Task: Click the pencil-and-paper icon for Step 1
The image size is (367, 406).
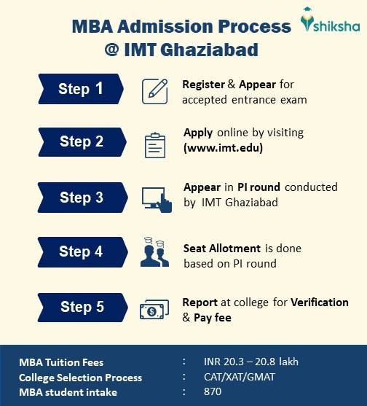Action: [155, 90]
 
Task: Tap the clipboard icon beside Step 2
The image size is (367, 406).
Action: [155, 144]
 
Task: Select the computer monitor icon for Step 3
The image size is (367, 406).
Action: [156, 198]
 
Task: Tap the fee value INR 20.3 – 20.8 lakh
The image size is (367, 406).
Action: [251, 362]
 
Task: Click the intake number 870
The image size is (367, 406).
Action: [213, 391]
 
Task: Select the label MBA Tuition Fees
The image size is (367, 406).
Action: [61, 362]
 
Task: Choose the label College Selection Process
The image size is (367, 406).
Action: [80, 378]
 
